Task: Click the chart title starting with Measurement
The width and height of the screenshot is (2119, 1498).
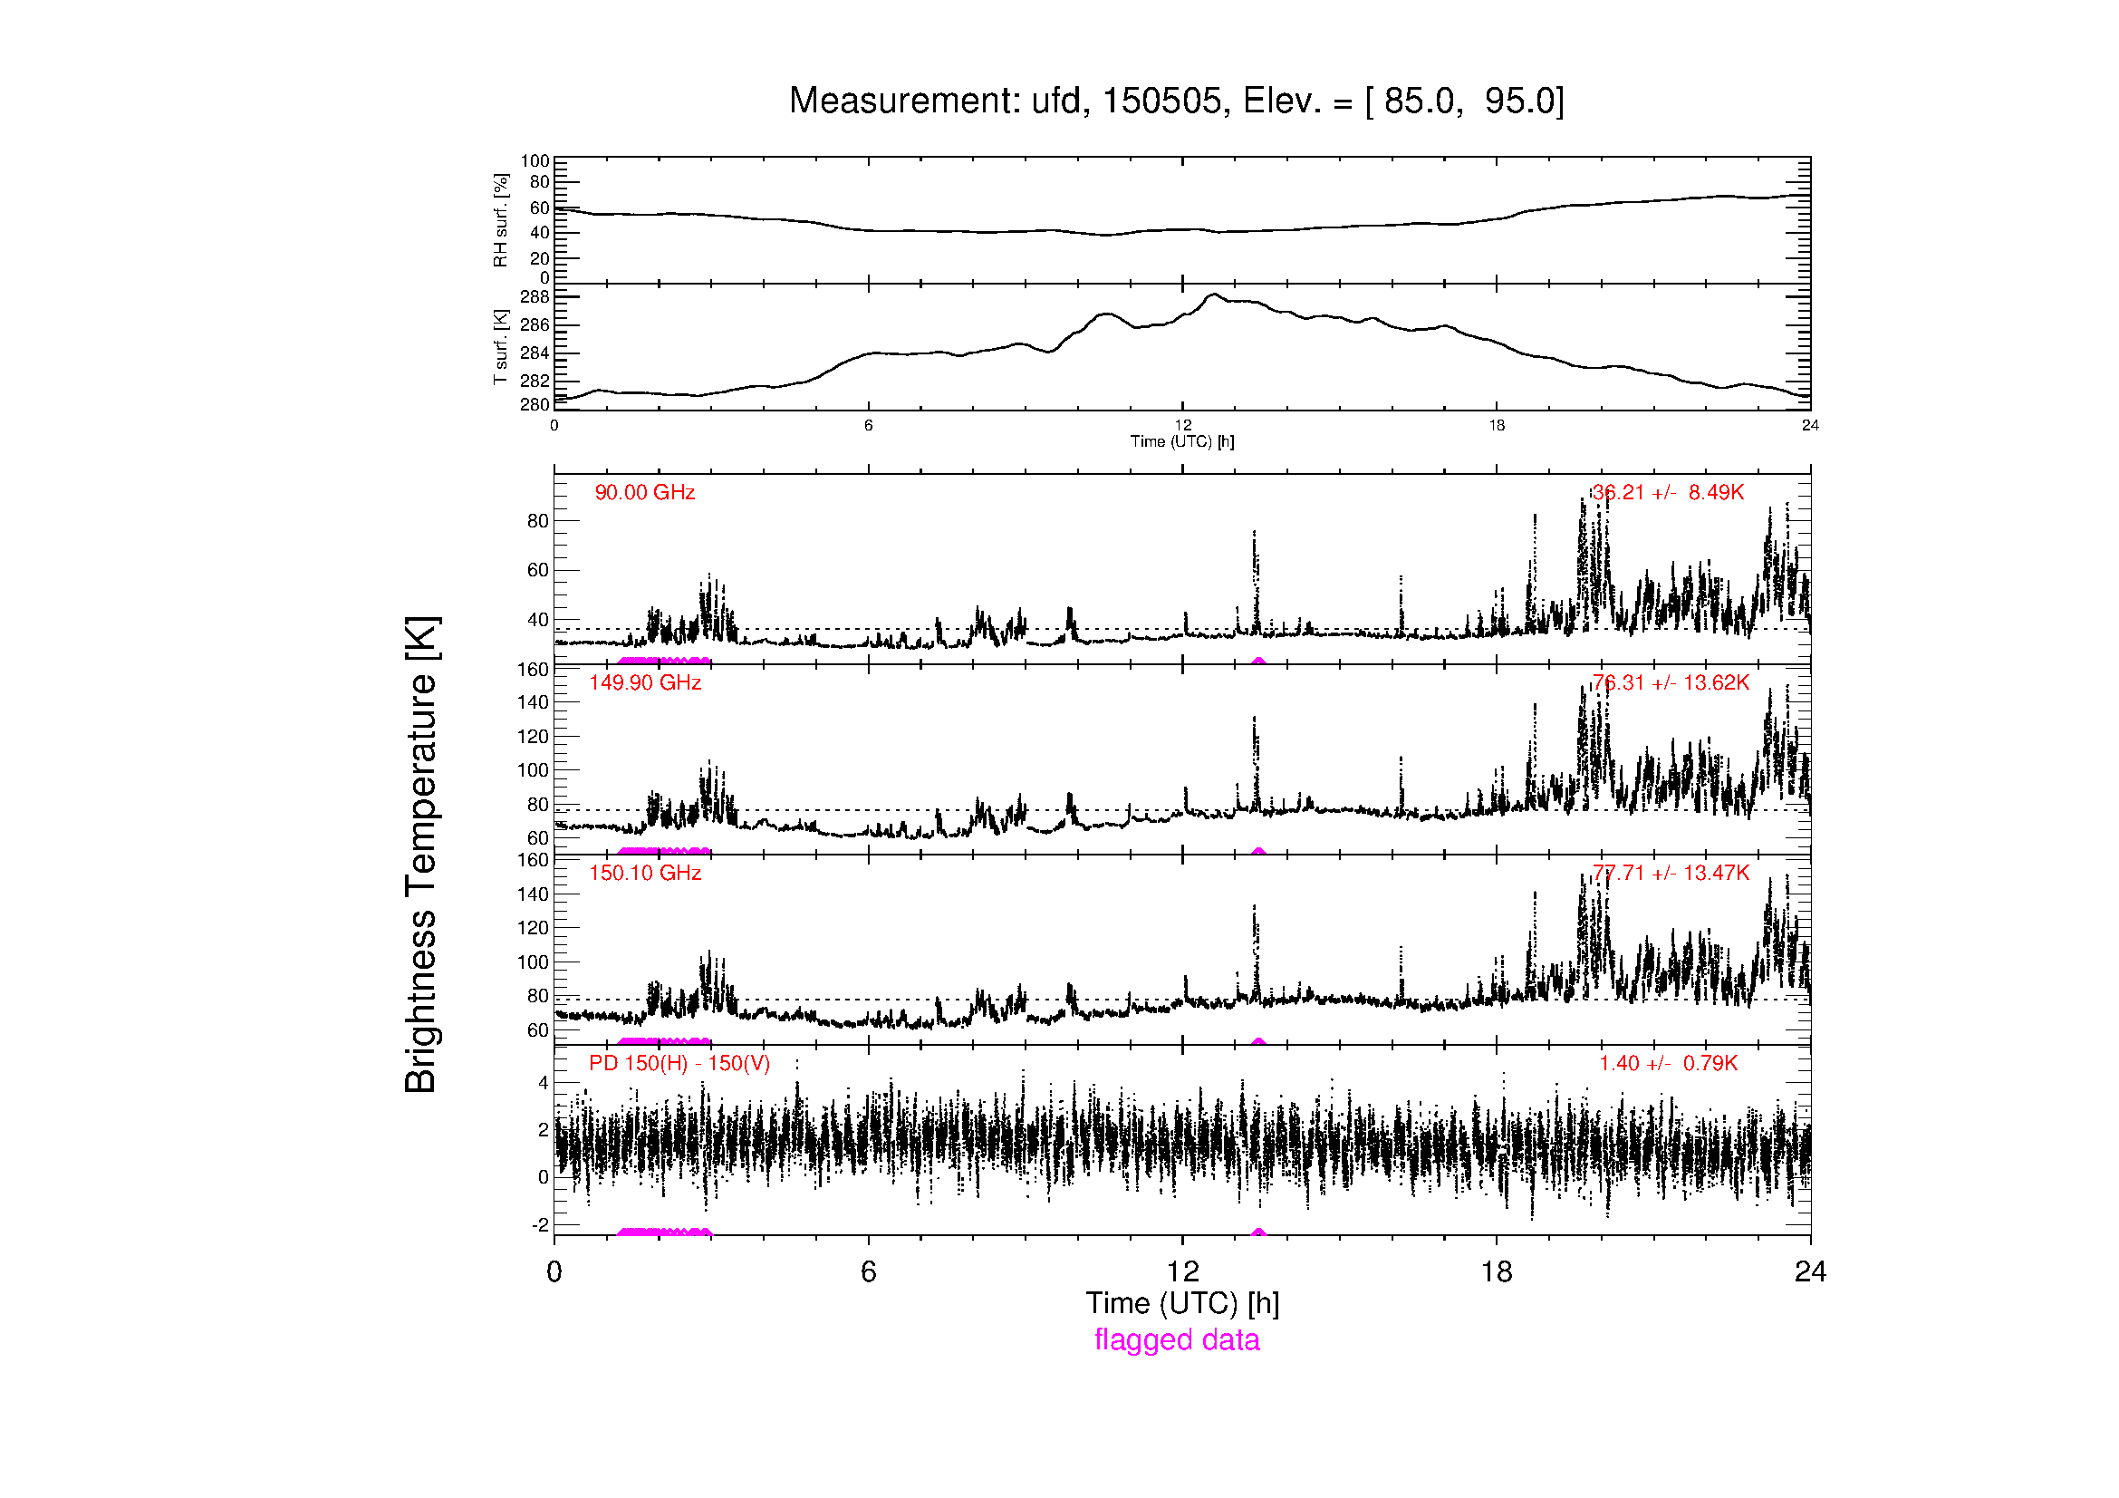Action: click(x=1176, y=101)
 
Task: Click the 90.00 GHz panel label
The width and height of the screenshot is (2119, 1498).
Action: click(x=644, y=493)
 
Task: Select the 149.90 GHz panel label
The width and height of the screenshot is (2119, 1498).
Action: click(x=644, y=683)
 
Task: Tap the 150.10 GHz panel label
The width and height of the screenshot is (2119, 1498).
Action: click(x=644, y=873)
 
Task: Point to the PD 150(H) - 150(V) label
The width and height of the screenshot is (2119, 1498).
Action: click(x=679, y=1063)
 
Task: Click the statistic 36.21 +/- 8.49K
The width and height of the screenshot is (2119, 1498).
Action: click(x=1668, y=493)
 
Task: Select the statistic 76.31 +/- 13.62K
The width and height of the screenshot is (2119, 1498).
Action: click(x=1671, y=683)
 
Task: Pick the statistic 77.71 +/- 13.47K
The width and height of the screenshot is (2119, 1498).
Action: click(x=1671, y=873)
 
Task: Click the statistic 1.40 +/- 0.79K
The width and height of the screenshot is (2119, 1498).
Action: click(x=1668, y=1063)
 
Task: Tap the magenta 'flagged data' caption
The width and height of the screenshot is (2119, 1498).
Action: click(x=1177, y=1339)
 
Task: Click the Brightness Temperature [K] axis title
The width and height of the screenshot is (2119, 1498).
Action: click(x=421, y=855)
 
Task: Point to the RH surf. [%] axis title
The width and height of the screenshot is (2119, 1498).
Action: click(x=501, y=219)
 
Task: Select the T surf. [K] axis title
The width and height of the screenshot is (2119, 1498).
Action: click(x=501, y=347)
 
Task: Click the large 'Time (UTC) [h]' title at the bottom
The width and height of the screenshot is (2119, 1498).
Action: click(x=1182, y=1302)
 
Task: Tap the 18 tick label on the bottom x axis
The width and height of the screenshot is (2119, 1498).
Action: click(x=1496, y=1271)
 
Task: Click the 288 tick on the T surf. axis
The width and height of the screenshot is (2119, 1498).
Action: click(x=535, y=297)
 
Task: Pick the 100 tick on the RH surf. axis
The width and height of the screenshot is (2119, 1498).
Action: click(x=535, y=161)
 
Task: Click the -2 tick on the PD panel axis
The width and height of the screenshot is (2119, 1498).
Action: click(x=540, y=1225)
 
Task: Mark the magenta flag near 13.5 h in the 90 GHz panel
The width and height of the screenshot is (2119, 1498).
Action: click(x=1258, y=661)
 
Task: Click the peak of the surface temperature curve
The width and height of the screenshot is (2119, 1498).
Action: click(x=1215, y=295)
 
